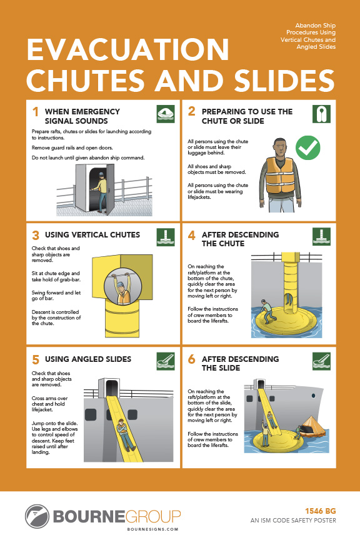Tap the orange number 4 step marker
tap(192, 236)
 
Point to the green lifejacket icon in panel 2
tap(321, 114)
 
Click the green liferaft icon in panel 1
tap(165, 114)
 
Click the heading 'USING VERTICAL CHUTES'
tap(92, 236)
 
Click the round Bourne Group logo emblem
tap(37, 516)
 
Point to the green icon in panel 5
tap(165, 361)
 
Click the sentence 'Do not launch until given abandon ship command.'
tap(87, 157)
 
